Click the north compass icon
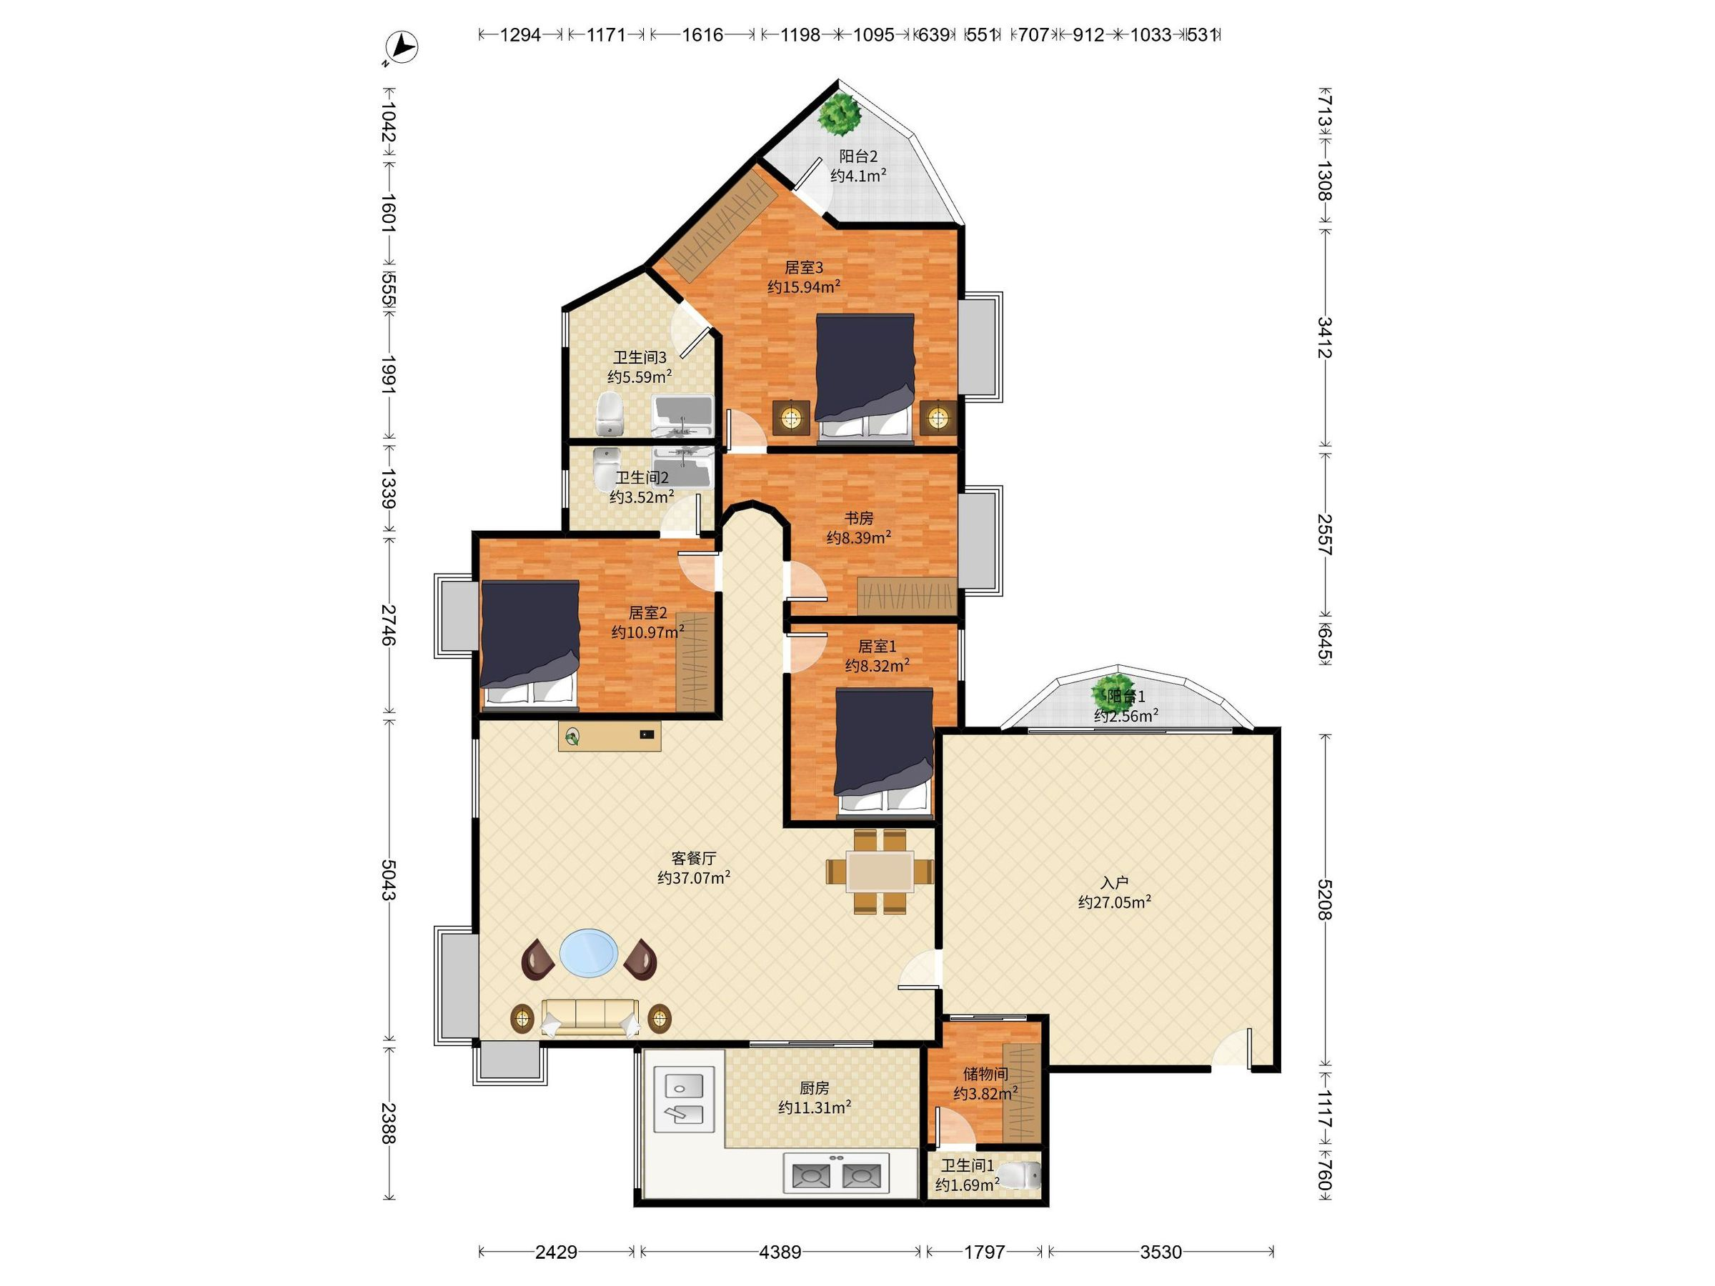[x=402, y=47]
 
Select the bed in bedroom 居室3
[x=865, y=378]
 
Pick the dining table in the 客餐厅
[x=880, y=872]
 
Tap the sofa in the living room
[x=591, y=1017]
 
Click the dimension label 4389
[x=780, y=1252]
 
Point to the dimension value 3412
[x=1324, y=337]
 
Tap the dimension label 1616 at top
[x=702, y=34]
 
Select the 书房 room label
[x=859, y=518]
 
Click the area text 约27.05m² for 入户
[x=1114, y=902]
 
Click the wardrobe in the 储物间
[x=1021, y=1093]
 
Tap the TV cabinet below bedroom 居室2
[x=610, y=736]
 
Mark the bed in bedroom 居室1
[x=884, y=753]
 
